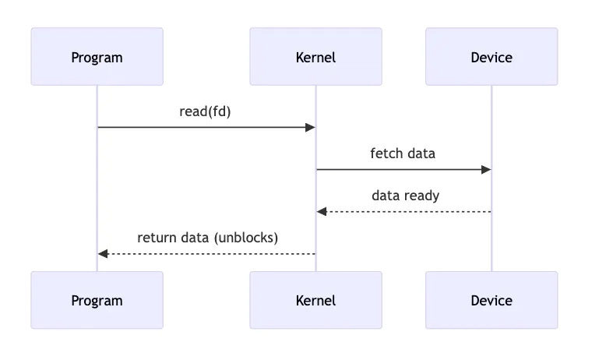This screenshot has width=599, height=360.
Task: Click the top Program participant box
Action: (97, 57)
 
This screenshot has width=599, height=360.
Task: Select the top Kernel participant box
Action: (315, 57)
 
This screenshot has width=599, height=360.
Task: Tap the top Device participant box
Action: (492, 57)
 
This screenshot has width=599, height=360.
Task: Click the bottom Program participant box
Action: (97, 300)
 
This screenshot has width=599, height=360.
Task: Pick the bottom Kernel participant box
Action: (315, 300)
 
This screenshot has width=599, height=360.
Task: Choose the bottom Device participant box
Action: (492, 300)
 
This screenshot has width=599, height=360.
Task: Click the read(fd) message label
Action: (206, 111)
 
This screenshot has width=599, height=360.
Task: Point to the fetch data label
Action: (403, 153)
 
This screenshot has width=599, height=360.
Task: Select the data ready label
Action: (405, 195)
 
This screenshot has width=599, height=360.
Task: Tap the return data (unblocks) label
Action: (207, 238)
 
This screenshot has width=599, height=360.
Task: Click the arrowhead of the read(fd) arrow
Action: (310, 127)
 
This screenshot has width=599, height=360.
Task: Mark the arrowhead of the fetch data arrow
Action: (486, 169)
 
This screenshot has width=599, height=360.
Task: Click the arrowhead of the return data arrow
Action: (103, 254)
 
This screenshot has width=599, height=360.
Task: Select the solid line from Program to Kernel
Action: (203, 127)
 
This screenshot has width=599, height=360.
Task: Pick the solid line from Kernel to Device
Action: (401, 169)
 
